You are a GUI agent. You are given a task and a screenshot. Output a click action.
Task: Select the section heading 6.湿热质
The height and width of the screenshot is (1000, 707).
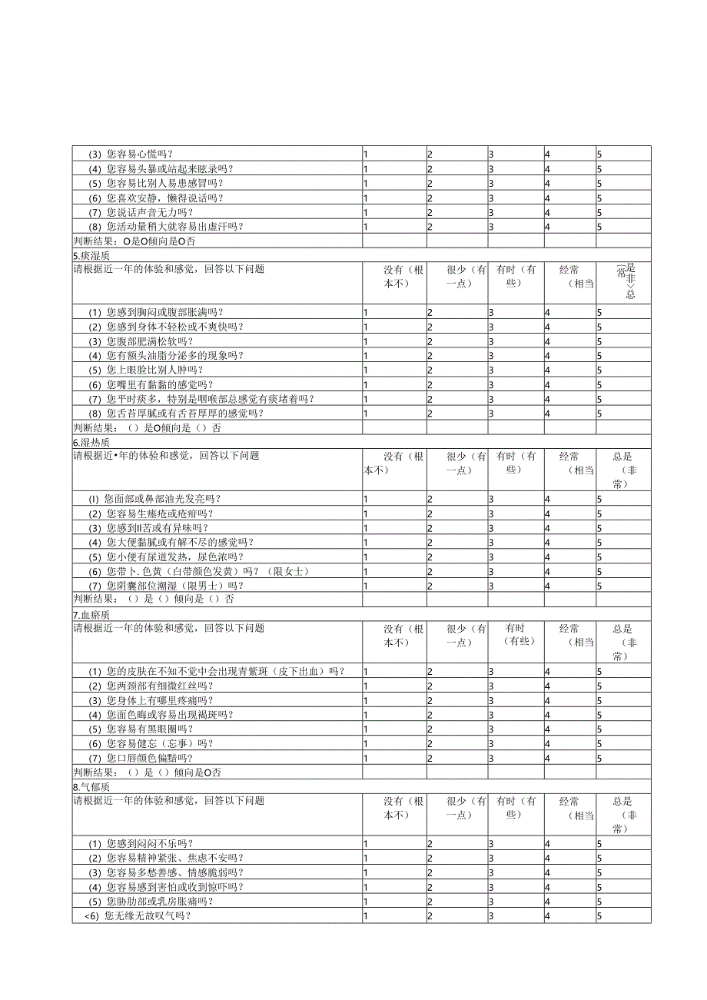(91, 442)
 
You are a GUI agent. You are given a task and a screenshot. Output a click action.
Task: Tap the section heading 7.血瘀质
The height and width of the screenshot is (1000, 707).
(91, 615)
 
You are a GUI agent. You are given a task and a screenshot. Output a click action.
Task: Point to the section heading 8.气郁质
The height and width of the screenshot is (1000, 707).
(91, 787)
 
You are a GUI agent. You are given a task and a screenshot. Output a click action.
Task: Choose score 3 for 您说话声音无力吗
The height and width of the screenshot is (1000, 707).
(491, 212)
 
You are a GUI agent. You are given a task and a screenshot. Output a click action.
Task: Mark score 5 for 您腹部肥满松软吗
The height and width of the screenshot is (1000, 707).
(599, 341)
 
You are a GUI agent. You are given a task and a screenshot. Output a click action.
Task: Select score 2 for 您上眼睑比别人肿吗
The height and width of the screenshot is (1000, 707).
(430, 370)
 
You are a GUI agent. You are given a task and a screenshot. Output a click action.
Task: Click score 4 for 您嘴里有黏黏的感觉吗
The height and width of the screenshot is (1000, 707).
(547, 384)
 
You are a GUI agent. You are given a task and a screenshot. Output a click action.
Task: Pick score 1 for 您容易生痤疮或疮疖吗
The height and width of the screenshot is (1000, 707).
(366, 513)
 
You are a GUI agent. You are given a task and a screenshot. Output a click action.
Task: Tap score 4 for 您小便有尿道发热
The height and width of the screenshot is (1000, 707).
(547, 556)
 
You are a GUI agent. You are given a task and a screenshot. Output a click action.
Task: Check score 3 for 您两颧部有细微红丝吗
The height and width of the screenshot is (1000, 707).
(491, 686)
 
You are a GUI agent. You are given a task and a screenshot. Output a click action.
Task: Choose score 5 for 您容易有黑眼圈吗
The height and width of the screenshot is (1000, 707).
(599, 729)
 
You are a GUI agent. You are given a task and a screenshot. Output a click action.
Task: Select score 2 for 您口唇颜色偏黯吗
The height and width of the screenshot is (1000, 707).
(430, 758)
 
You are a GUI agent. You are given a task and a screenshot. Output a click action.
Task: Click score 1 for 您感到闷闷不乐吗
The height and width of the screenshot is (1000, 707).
(366, 844)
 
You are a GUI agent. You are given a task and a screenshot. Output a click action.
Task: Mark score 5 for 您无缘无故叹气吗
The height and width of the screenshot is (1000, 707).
(599, 916)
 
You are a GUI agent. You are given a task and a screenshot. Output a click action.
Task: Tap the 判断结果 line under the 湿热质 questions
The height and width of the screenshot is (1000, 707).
(154, 600)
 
